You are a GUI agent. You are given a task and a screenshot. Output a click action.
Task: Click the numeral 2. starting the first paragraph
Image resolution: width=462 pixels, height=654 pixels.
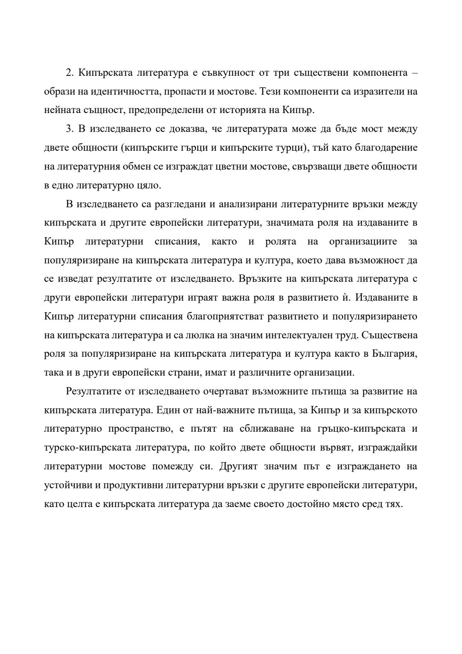[x=70, y=72]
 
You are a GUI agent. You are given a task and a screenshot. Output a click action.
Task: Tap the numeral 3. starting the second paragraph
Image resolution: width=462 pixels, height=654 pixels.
[x=70, y=128]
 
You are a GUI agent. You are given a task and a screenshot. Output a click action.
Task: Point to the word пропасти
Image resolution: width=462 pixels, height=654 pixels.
[x=187, y=91]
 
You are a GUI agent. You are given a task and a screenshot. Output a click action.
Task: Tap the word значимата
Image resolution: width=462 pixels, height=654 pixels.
[x=287, y=223]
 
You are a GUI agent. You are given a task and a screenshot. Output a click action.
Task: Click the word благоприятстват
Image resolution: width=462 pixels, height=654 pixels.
[x=225, y=317]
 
